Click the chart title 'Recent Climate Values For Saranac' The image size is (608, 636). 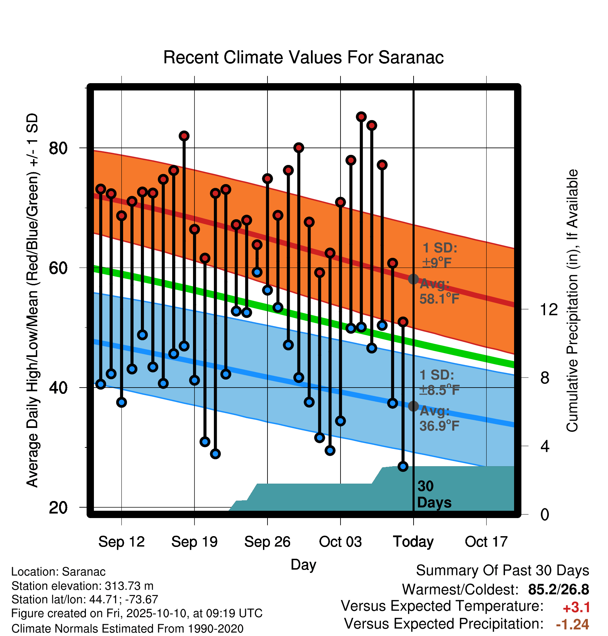303,57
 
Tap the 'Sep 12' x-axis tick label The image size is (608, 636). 121,542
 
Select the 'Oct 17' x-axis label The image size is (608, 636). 486,542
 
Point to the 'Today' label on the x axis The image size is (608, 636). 413,542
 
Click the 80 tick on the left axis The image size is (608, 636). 58,148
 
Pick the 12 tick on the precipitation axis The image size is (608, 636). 549,309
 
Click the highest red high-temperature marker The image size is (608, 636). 361,117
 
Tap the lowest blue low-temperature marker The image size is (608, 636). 403,466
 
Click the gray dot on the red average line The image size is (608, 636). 413,279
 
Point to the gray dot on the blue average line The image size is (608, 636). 413,406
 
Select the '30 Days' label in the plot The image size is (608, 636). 434,494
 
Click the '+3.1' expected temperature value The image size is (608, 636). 576,607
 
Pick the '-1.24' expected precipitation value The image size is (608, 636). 573,625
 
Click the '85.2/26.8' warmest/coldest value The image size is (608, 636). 559,589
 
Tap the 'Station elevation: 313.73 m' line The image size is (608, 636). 82,586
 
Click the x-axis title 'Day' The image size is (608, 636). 303,565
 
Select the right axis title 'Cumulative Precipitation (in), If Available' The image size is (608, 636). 572,301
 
